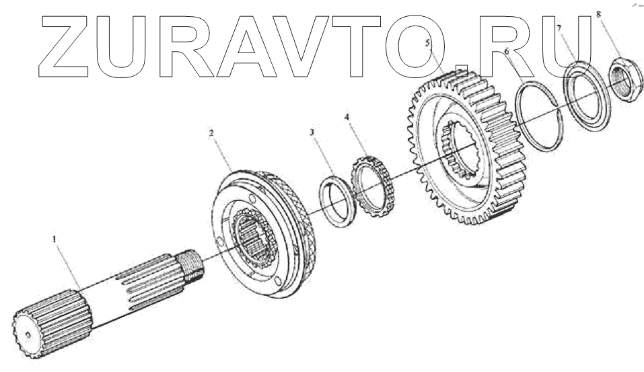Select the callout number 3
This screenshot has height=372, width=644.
click(x=312, y=133)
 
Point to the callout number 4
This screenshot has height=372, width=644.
click(x=347, y=117)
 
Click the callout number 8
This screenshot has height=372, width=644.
click(x=599, y=13)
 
